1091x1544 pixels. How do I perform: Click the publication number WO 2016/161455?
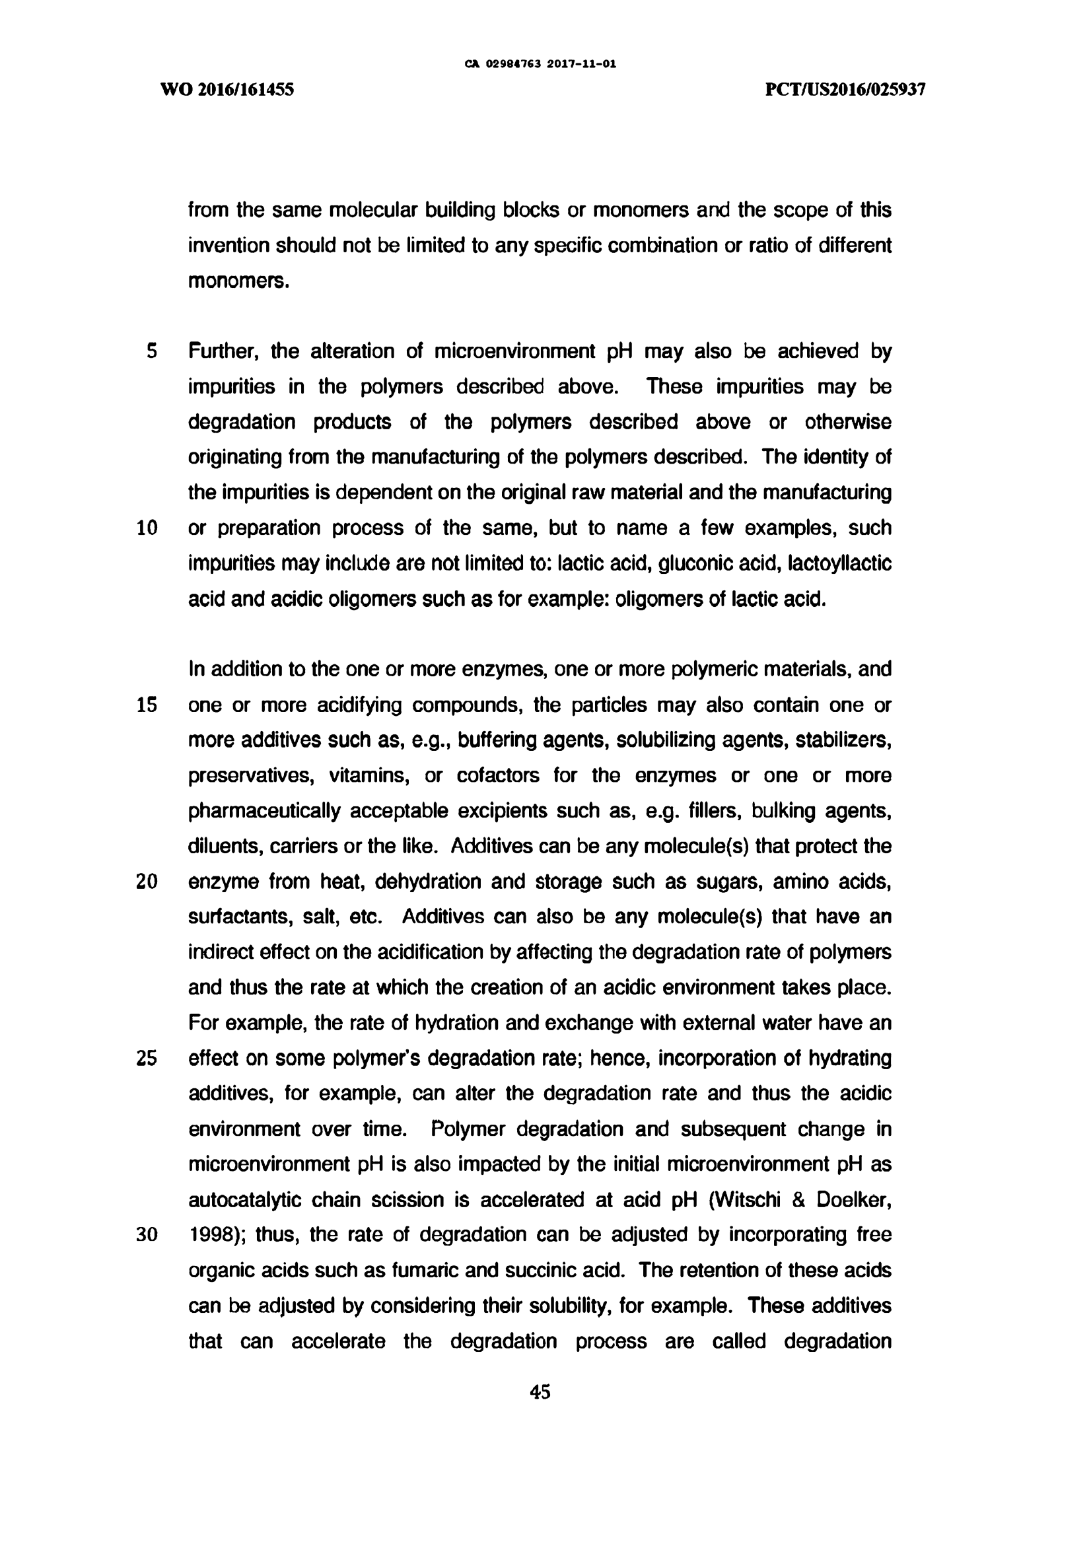coord(227,89)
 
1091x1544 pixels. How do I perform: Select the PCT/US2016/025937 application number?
coord(845,89)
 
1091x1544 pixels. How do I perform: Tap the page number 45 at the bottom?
coord(540,1392)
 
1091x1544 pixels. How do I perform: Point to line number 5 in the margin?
coord(152,351)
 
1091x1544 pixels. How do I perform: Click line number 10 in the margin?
coord(147,528)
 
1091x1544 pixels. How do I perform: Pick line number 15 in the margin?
coord(147,705)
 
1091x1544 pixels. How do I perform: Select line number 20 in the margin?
coord(147,882)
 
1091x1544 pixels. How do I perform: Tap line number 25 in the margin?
coord(147,1059)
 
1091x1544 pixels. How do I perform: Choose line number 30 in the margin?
coord(147,1236)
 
